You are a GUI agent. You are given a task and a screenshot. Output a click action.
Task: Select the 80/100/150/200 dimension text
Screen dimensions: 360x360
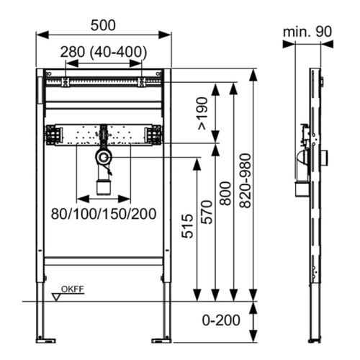[104, 214]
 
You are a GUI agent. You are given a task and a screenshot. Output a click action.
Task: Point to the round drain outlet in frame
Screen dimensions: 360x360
[104, 156]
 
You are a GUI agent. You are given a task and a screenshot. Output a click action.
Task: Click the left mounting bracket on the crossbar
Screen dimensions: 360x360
[53, 135]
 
